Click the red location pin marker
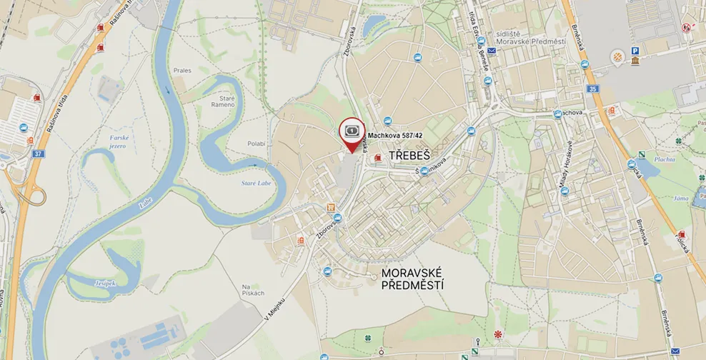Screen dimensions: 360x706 tap(351, 132)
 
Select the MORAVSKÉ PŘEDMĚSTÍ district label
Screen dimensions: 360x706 tap(413, 279)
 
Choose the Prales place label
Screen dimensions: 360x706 tap(182, 71)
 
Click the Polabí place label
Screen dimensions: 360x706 tap(257, 144)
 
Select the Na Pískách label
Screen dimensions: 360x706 tap(253, 289)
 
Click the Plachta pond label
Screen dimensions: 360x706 tap(665, 159)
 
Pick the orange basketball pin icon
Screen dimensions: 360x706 tap(617, 56)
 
